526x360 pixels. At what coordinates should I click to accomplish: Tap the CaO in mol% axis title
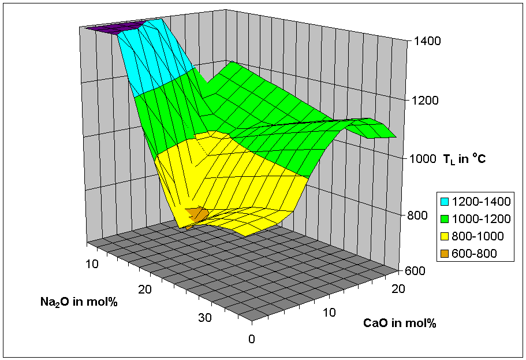(400, 322)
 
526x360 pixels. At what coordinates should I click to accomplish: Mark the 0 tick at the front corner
(251, 339)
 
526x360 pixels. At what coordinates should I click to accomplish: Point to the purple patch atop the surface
(113, 28)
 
